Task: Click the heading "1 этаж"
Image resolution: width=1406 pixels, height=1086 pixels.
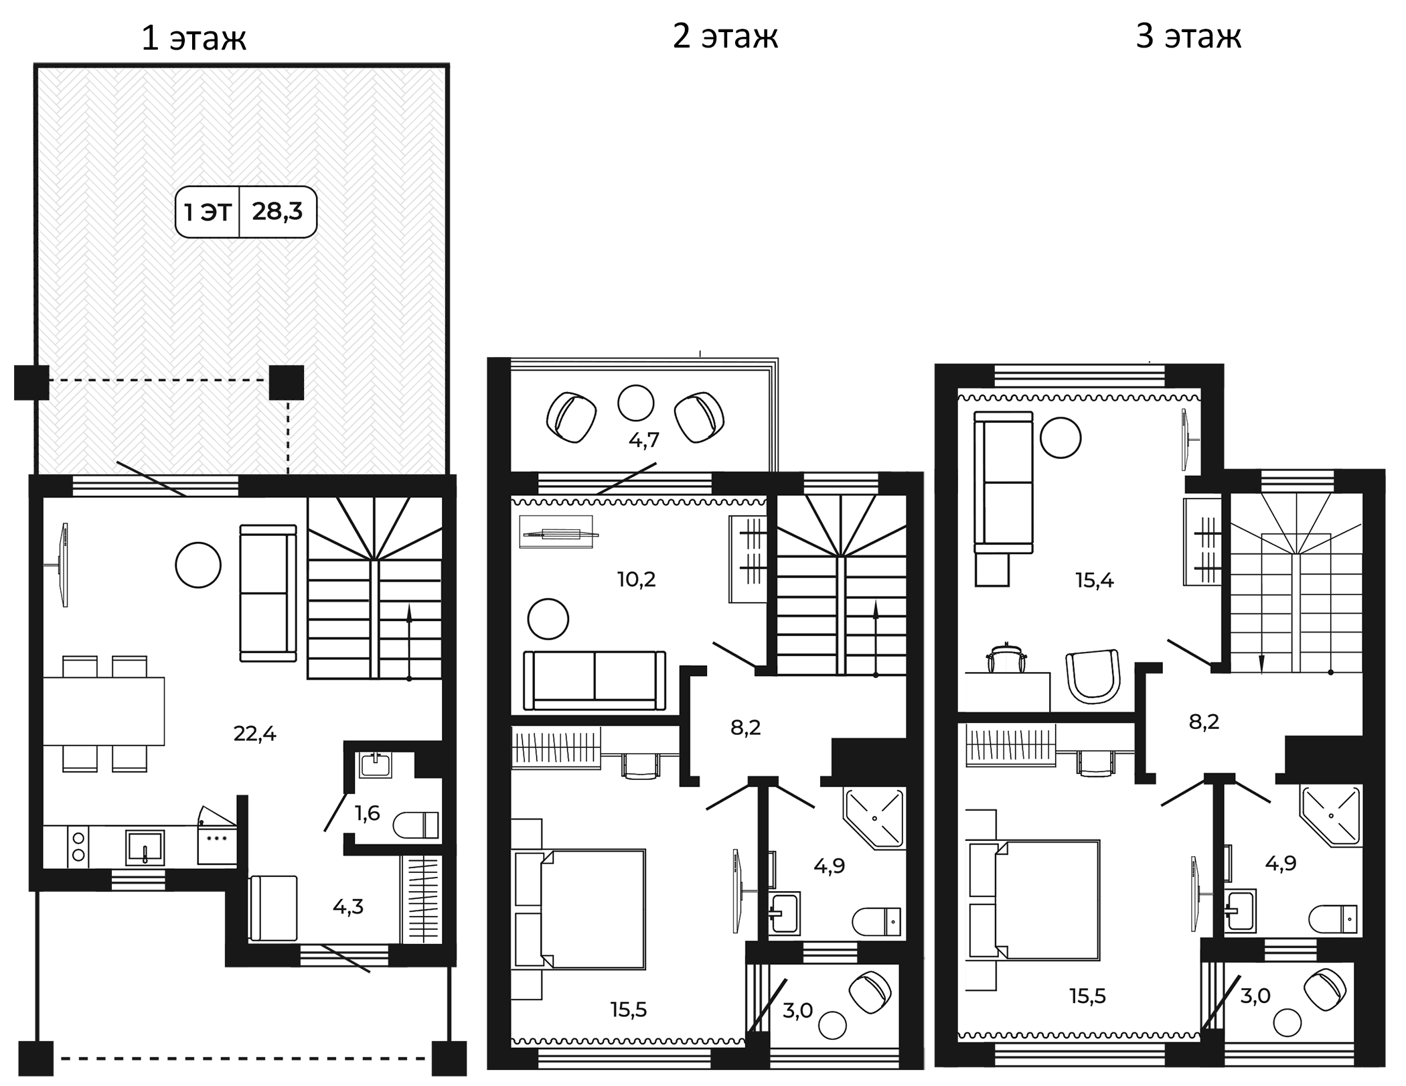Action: point(193,38)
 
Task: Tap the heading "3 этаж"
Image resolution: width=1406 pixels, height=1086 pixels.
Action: point(1188,36)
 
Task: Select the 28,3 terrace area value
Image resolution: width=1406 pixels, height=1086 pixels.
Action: point(277,212)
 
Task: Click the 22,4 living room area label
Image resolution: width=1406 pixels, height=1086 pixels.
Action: point(254,734)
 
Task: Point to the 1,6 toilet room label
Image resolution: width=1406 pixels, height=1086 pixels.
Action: point(367,813)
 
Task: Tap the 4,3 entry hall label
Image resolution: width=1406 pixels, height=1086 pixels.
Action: point(348,907)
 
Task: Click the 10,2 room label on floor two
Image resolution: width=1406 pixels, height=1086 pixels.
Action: point(636,579)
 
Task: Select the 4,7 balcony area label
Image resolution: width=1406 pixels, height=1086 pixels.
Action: point(643,440)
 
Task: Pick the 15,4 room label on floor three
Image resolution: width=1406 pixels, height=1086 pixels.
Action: point(1095,580)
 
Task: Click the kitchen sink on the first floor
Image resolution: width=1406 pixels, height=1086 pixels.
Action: point(145,847)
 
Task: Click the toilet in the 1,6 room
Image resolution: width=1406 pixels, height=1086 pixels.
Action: point(416,825)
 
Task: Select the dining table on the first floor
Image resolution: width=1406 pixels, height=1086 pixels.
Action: point(104,711)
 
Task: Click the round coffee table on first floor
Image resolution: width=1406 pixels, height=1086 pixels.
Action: point(198,565)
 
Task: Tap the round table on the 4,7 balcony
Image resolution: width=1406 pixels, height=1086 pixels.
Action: point(635,403)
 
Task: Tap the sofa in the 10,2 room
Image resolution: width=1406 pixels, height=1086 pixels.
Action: point(595,680)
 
